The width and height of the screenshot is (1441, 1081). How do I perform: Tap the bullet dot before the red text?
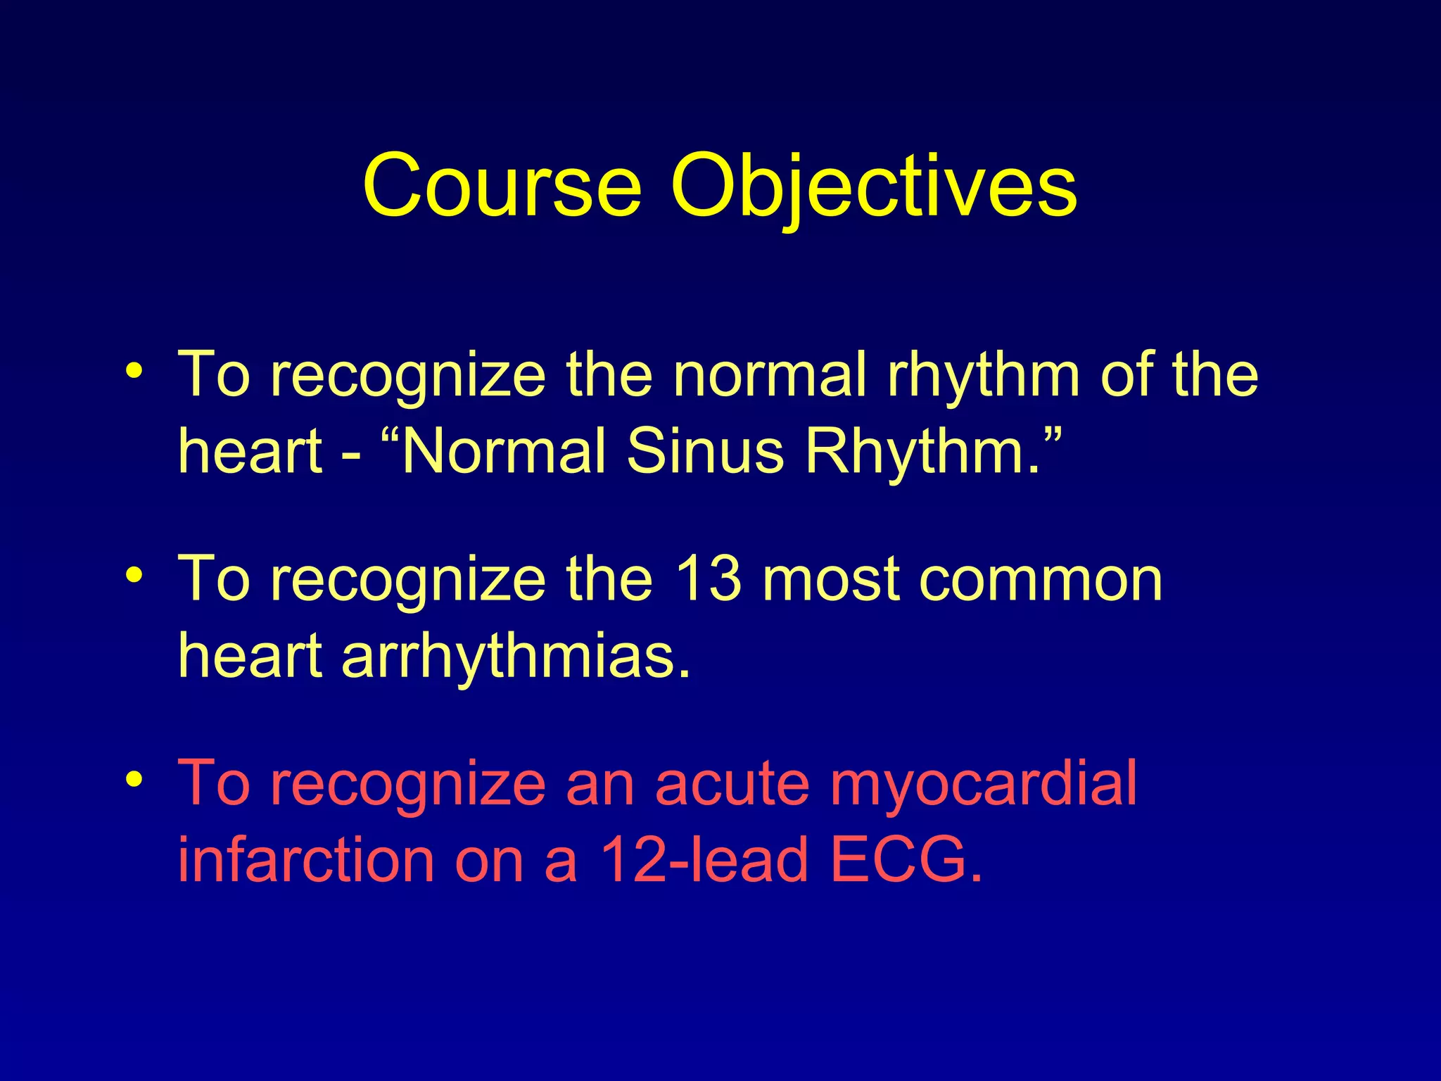tap(134, 780)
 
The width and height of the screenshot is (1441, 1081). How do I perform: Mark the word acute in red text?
tap(732, 784)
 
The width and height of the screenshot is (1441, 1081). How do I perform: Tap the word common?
tap(1041, 581)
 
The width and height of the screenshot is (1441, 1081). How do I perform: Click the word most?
tap(831, 581)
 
